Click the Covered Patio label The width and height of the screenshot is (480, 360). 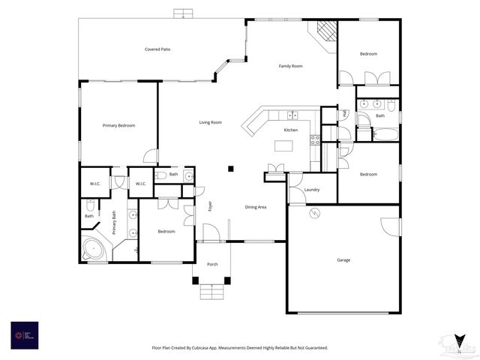(157, 49)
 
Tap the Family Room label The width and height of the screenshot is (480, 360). (290, 67)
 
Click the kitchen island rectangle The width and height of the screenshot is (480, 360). (283, 145)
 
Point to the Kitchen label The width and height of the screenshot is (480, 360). (290, 130)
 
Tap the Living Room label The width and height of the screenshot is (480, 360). (210, 122)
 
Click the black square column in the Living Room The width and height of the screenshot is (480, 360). (232, 169)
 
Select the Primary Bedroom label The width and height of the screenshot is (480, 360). (118, 125)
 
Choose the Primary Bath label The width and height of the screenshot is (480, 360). (114, 223)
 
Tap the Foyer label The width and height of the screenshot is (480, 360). (210, 206)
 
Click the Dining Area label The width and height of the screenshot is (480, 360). (256, 207)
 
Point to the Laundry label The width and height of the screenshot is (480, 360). (312, 190)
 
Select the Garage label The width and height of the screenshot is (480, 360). (343, 260)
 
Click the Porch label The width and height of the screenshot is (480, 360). (212, 264)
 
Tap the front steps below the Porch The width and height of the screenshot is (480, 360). (213, 292)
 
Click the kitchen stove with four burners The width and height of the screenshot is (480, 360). (316, 139)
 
